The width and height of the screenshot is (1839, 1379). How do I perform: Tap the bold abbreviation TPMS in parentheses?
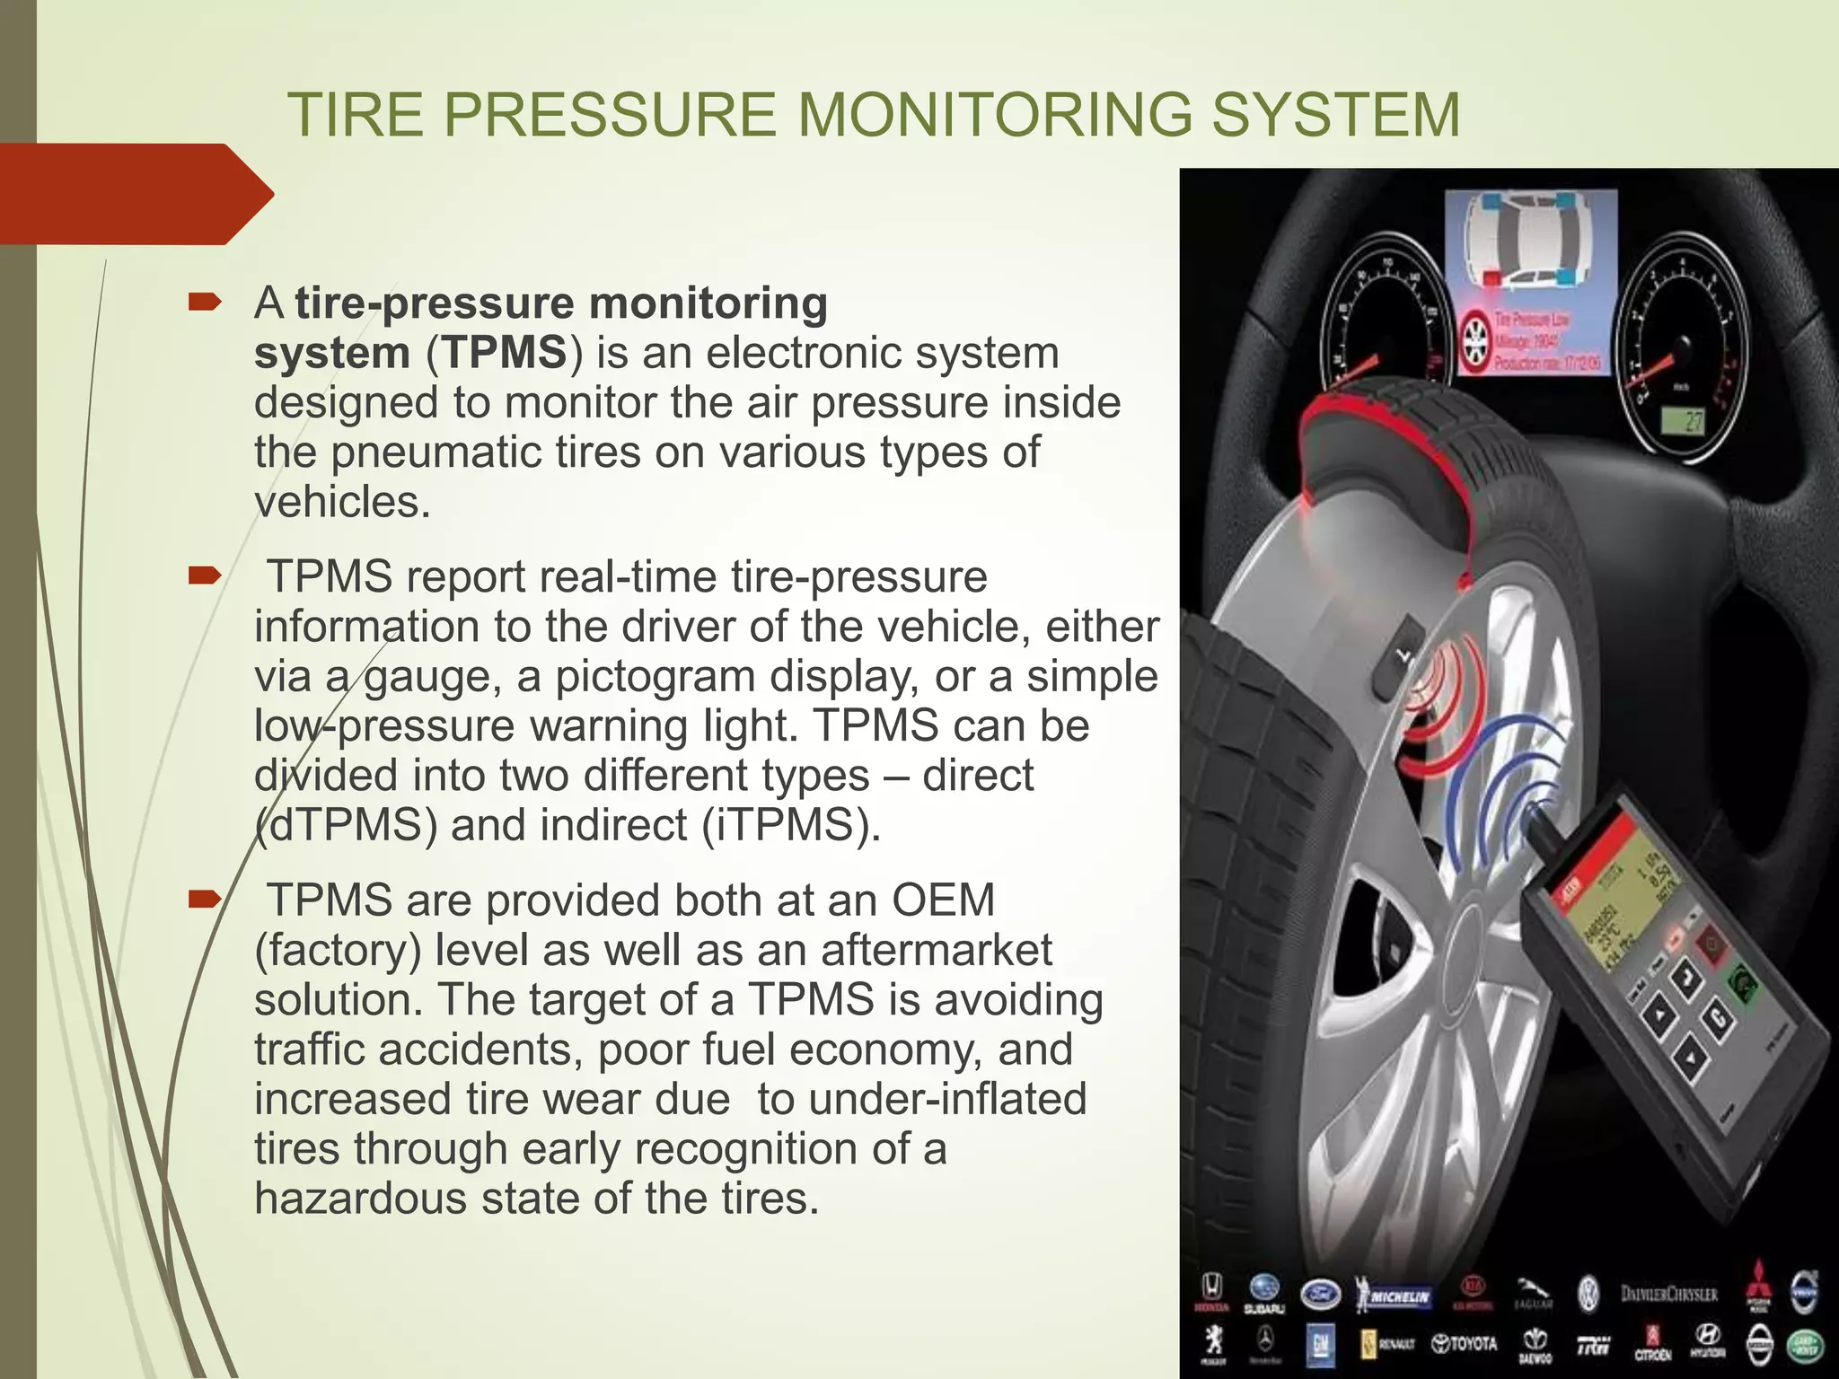(x=506, y=352)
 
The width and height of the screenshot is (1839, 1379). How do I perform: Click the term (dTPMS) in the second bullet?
(x=347, y=824)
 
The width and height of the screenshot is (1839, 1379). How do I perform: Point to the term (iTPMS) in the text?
(x=790, y=824)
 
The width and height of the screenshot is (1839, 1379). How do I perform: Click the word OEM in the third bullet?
(x=943, y=900)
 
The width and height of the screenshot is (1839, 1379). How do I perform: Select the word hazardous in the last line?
(x=360, y=1198)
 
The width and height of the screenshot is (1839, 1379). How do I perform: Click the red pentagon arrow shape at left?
(x=135, y=194)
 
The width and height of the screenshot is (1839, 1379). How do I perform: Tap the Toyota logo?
(x=1465, y=1343)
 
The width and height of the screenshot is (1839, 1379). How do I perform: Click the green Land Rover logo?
(x=1803, y=1343)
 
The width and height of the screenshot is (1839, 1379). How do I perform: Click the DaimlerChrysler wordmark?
(x=1668, y=1294)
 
